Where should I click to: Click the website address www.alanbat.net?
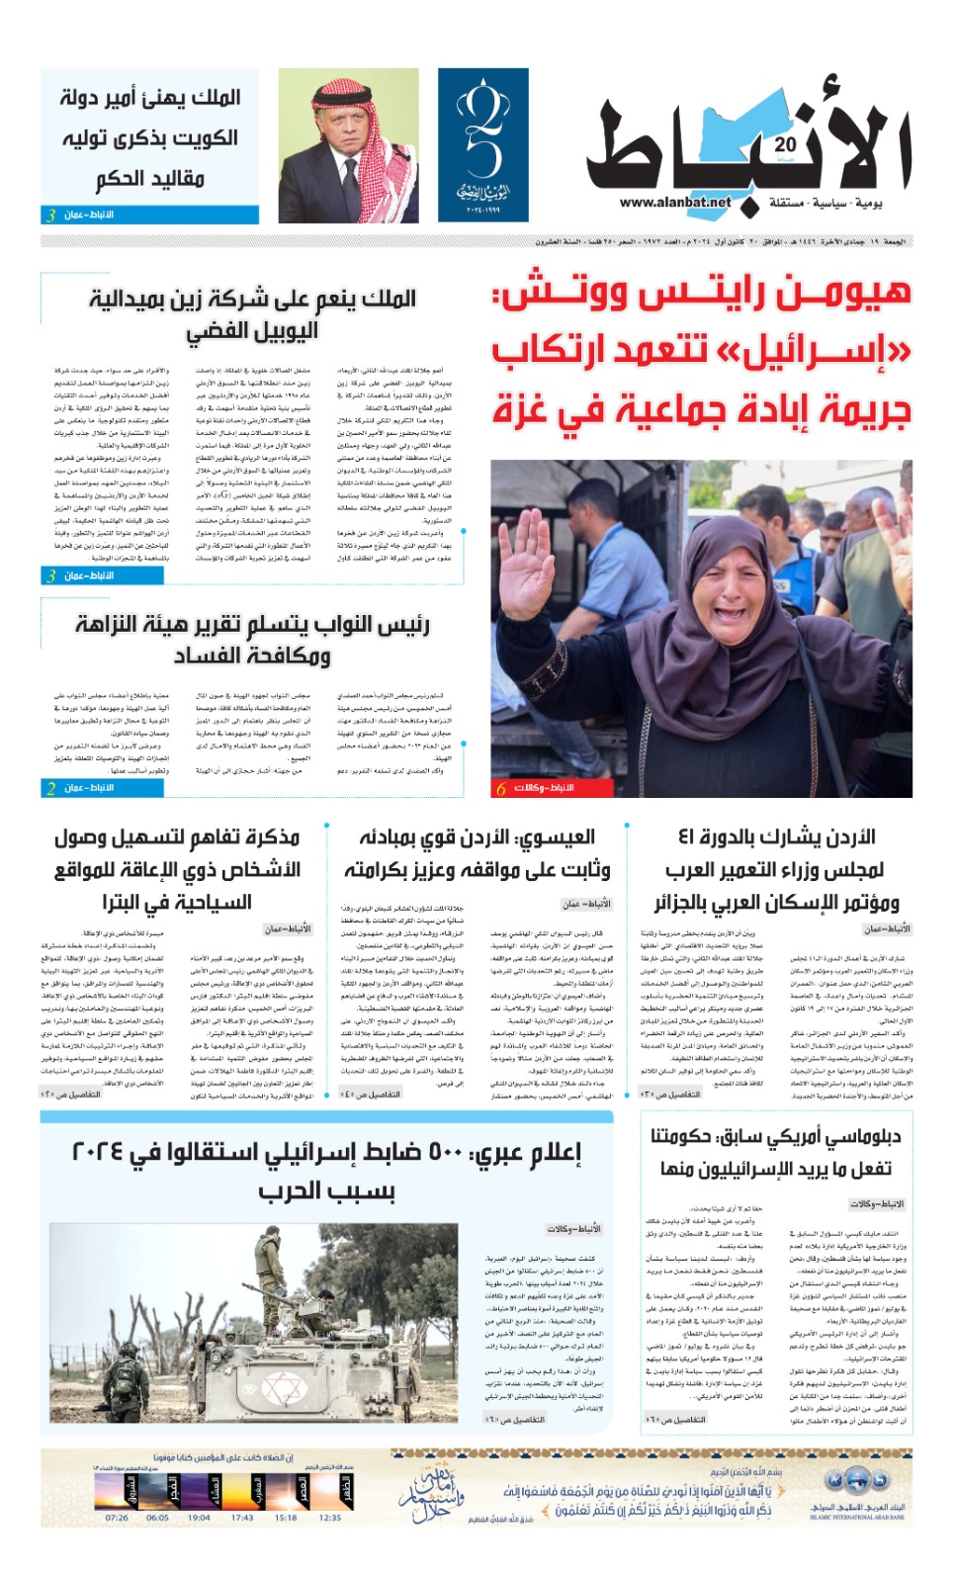tap(675, 202)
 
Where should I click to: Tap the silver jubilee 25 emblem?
tap(483, 145)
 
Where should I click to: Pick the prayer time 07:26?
tap(118, 1518)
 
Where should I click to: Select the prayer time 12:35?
tap(330, 1518)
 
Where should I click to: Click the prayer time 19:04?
tap(199, 1518)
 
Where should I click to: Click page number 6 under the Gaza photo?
tap(501, 788)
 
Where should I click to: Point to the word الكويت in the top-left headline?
tap(201, 137)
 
